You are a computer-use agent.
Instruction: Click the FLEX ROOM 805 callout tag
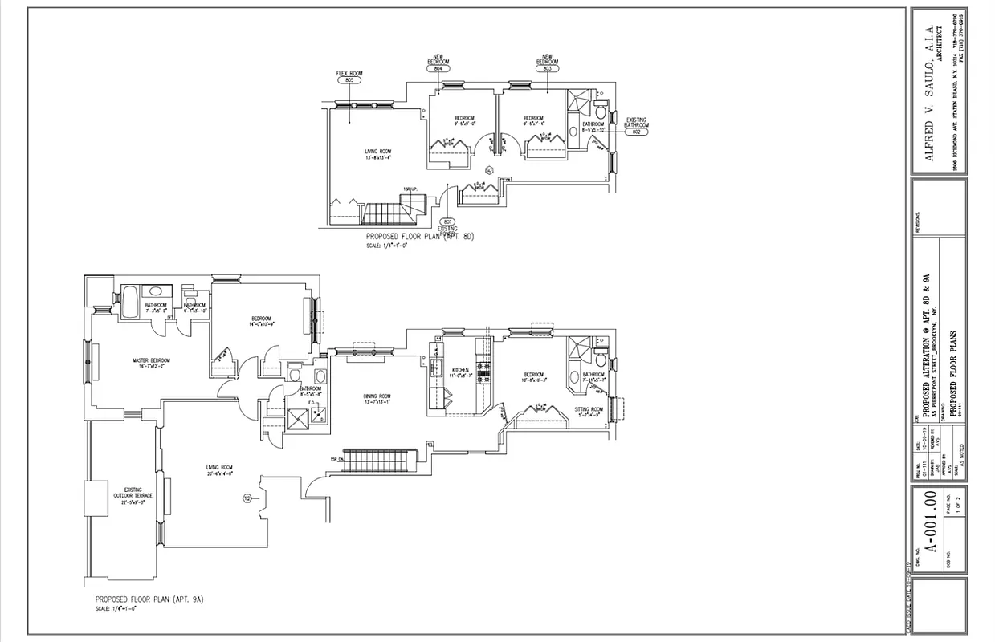349,81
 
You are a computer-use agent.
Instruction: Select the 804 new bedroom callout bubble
438,69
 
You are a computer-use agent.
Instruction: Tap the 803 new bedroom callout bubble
547,69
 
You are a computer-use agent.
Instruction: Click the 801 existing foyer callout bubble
447,221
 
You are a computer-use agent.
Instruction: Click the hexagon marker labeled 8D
488,170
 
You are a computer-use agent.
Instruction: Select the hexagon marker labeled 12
247,498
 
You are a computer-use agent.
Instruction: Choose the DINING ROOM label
377,396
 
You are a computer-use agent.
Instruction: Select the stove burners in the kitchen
484,370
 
